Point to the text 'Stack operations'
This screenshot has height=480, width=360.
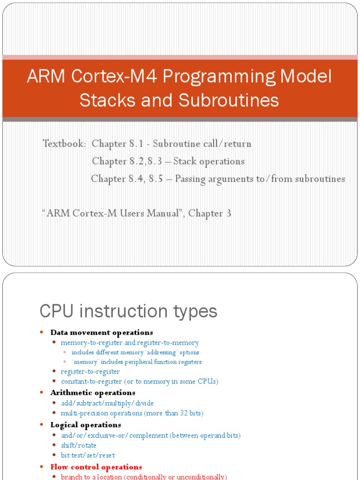click(x=209, y=161)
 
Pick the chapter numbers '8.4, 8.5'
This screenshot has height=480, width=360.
click(x=142, y=179)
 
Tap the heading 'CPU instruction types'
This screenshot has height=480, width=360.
click(x=128, y=311)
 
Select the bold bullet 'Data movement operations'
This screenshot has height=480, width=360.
click(x=102, y=332)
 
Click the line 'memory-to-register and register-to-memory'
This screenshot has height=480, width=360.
click(x=130, y=343)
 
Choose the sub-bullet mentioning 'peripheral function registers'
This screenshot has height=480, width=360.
click(x=136, y=362)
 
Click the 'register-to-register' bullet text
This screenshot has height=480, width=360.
click(x=90, y=372)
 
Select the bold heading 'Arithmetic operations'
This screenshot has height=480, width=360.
click(x=93, y=392)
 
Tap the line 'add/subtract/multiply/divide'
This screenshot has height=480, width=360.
click(x=107, y=403)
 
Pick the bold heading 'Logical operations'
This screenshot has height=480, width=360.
click(x=86, y=425)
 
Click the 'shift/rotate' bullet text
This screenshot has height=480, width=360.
click(x=79, y=445)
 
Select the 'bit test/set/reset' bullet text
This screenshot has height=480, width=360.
click(x=88, y=455)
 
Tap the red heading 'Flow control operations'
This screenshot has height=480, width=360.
click(x=96, y=467)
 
